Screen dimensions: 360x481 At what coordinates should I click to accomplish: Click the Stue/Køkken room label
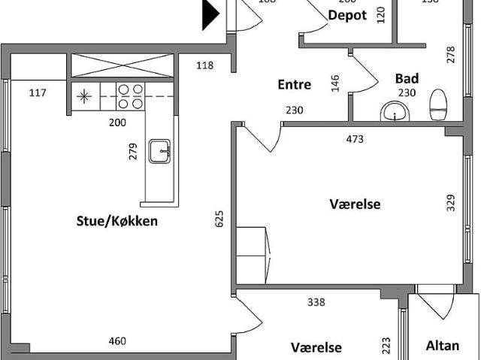[x=116, y=221]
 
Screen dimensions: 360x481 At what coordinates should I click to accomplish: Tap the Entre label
[x=295, y=85]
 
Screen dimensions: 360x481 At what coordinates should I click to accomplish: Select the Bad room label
[x=407, y=78]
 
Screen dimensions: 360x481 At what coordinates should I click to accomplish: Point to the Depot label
[x=347, y=15]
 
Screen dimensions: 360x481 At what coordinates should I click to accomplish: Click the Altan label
[x=442, y=346]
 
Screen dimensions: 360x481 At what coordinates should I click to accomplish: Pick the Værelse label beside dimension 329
[x=355, y=204]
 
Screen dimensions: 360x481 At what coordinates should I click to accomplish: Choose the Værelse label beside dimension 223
[x=316, y=347]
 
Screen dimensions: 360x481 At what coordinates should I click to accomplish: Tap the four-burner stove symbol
[x=130, y=96]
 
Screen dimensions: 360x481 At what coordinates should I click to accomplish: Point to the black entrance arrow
[x=211, y=14]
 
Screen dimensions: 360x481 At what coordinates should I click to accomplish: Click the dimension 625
[x=219, y=219]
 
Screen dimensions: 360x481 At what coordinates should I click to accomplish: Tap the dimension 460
[x=117, y=341]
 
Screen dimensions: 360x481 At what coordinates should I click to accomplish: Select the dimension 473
[x=355, y=138]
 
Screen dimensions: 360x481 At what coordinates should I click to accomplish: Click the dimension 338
[x=316, y=302]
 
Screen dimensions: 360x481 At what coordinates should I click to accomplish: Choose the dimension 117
[x=38, y=93]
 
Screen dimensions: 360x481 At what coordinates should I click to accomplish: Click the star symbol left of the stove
[x=85, y=96]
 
